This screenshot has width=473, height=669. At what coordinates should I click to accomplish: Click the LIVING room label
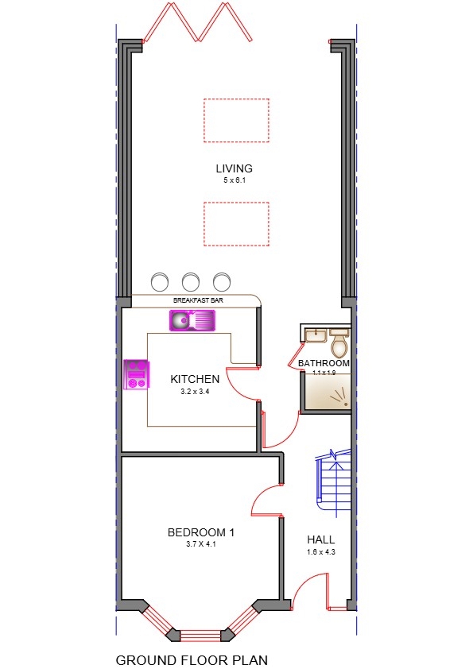[x=234, y=168]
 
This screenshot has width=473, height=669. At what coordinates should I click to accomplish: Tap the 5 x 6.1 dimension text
[x=236, y=181]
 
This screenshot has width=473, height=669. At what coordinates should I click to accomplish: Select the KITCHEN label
[x=195, y=380]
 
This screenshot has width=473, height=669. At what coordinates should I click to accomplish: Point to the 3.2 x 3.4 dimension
[x=195, y=392]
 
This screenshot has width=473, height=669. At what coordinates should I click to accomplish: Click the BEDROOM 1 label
[x=200, y=532]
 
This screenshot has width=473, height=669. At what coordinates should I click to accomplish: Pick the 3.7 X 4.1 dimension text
[x=201, y=545]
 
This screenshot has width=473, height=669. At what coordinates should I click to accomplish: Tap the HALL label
[x=321, y=540]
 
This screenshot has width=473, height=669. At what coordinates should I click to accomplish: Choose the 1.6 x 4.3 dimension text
[x=321, y=552]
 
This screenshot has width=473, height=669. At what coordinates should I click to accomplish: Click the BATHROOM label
[x=324, y=363]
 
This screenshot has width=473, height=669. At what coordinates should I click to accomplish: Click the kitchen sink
[x=192, y=321]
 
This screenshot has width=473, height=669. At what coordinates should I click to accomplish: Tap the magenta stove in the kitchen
[x=137, y=374]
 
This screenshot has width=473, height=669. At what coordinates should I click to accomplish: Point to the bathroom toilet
[x=339, y=344]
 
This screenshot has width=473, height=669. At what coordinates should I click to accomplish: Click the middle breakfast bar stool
[x=191, y=281]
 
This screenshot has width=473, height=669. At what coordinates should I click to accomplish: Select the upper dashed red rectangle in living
[x=236, y=120]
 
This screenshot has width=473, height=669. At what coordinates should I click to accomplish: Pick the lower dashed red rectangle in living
[x=236, y=224]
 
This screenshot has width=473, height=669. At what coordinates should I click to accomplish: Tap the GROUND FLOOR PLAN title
[x=192, y=659]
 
